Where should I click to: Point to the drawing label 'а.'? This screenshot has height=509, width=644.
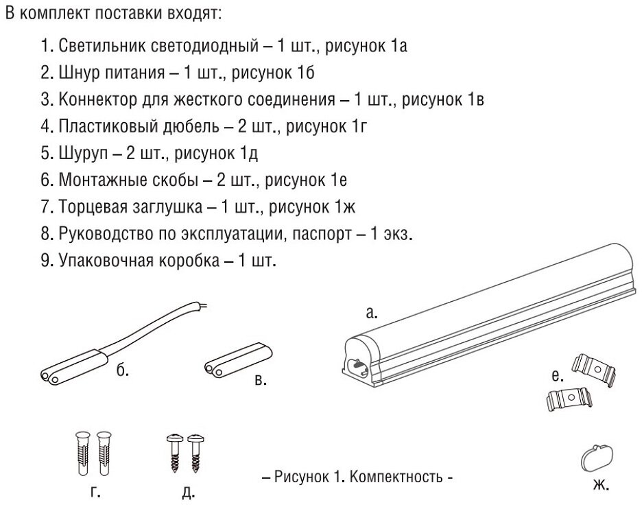point(371,313)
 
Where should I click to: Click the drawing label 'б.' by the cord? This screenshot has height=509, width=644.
point(123,372)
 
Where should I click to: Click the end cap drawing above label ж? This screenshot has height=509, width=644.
point(596,457)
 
